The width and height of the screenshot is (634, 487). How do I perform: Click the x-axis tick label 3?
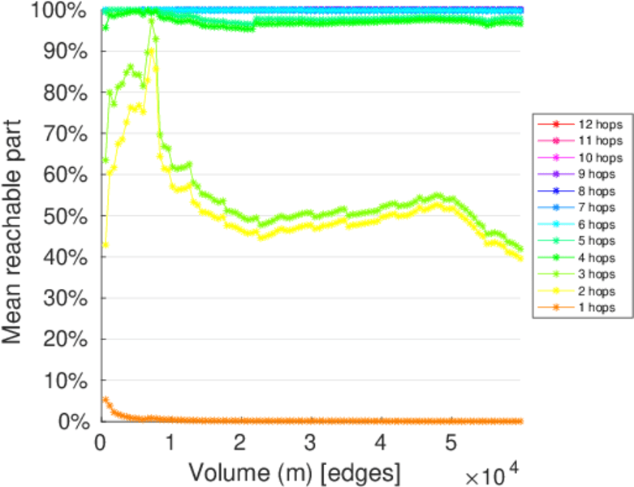310,442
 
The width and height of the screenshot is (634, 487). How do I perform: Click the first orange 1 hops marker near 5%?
106,399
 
